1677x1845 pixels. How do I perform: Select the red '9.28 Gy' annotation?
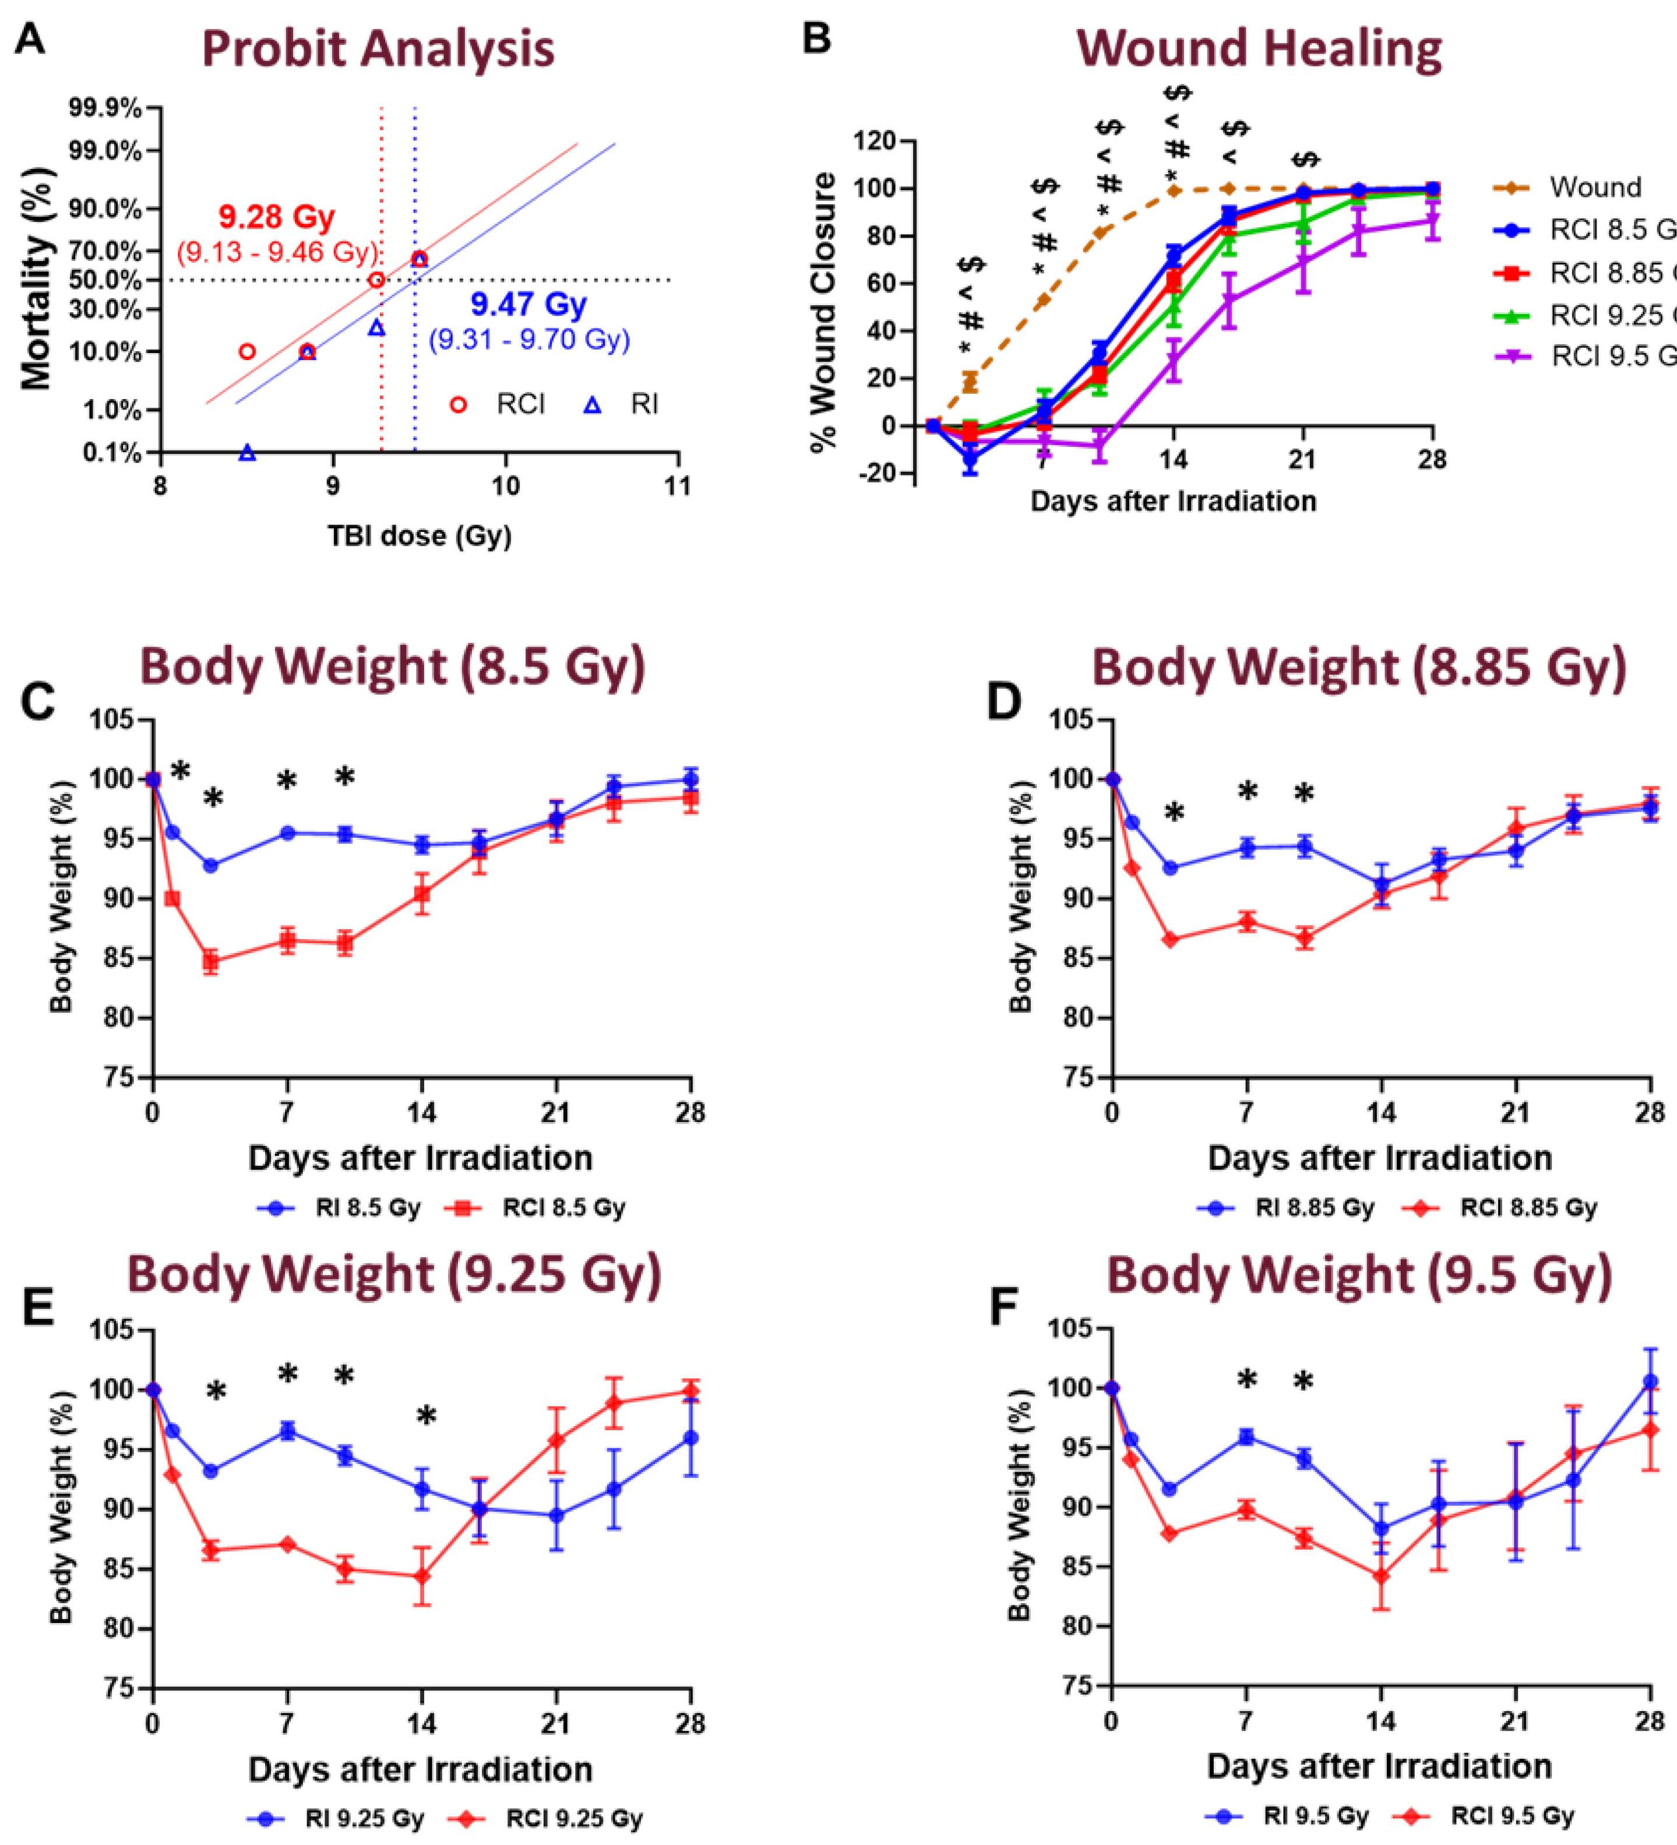[x=276, y=218]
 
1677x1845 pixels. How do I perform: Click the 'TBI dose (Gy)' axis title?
[x=420, y=535]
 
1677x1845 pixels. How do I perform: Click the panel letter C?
[x=37, y=703]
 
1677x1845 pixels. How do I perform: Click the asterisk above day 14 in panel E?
[x=425, y=1417]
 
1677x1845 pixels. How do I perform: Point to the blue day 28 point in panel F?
[x=1650, y=1382]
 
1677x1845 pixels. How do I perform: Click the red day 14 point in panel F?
[x=1382, y=1577]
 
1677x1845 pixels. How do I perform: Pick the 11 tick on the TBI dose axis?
[x=678, y=486]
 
